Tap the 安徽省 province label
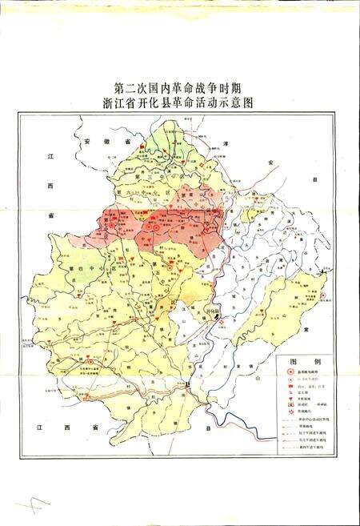(99, 141)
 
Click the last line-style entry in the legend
(289, 464)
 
